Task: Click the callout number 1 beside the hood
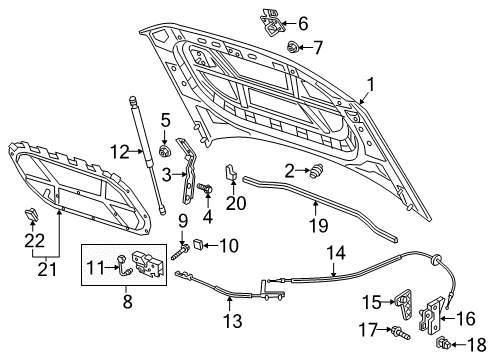370,85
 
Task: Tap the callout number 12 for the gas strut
120,152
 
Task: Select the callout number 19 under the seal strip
319,225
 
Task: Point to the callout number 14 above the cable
336,253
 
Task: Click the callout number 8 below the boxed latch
128,301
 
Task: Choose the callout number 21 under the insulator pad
47,269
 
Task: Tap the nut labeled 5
164,151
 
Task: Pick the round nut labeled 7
292,47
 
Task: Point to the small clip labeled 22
32,214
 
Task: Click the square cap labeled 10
198,244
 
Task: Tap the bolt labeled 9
180,252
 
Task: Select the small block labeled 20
231,172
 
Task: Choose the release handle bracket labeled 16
431,315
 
